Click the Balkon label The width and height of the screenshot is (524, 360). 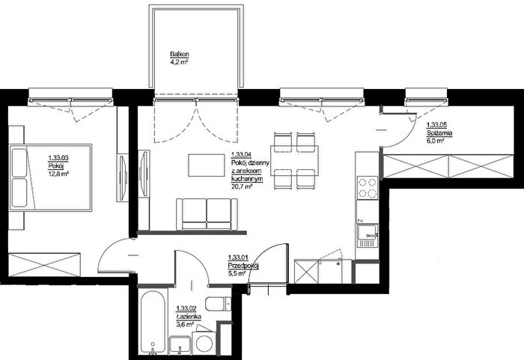180,54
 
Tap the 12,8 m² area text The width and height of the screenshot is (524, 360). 58,173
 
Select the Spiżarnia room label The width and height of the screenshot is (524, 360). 439,133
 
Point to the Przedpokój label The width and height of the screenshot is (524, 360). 243,266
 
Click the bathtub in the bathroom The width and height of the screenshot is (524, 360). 153,322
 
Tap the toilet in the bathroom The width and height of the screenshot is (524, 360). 218,304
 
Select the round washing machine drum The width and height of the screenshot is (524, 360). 204,343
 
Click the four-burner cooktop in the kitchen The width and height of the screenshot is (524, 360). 368,188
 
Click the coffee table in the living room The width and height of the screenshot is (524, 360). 206,165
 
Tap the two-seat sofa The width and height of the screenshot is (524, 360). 207,214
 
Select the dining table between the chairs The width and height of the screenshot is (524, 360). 294,160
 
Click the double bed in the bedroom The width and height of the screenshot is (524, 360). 50,177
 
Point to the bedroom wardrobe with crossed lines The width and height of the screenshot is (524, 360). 44,264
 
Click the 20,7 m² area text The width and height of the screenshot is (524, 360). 242,186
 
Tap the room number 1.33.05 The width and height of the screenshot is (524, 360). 436,125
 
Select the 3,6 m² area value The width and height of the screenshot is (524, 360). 185,324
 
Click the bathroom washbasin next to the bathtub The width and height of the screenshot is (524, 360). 180,344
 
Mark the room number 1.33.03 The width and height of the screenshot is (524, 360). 58,158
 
